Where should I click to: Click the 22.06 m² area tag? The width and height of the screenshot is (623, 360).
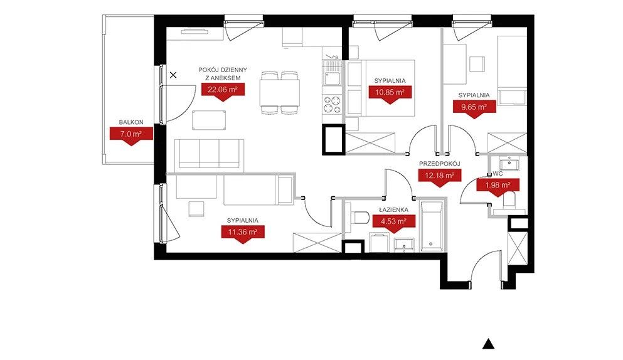click(223, 90)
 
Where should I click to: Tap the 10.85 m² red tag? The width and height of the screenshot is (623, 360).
click(390, 93)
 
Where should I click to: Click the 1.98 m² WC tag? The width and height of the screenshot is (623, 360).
click(498, 186)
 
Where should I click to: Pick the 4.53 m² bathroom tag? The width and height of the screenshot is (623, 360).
click(394, 222)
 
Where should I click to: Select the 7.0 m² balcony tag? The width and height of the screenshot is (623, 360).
click(131, 135)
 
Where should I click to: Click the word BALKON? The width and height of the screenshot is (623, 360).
click(131, 122)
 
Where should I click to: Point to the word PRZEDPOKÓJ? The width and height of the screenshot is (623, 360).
click(439, 164)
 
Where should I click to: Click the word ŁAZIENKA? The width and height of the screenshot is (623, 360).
click(393, 210)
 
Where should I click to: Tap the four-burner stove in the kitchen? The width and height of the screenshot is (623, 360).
click(332, 105)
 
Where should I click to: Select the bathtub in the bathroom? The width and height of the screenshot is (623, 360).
click(431, 226)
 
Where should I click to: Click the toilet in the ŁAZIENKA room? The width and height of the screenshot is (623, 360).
click(358, 218)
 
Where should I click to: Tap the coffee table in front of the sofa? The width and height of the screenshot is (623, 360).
click(209, 120)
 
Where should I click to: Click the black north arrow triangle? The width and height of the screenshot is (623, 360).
click(488, 344)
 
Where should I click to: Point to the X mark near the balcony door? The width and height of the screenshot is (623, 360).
click(173, 75)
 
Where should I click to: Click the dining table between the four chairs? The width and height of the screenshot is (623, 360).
click(280, 93)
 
